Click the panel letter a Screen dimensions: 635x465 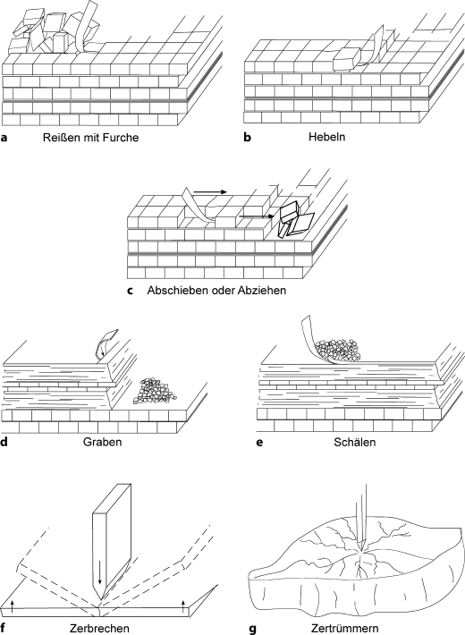click(x=5, y=139)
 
